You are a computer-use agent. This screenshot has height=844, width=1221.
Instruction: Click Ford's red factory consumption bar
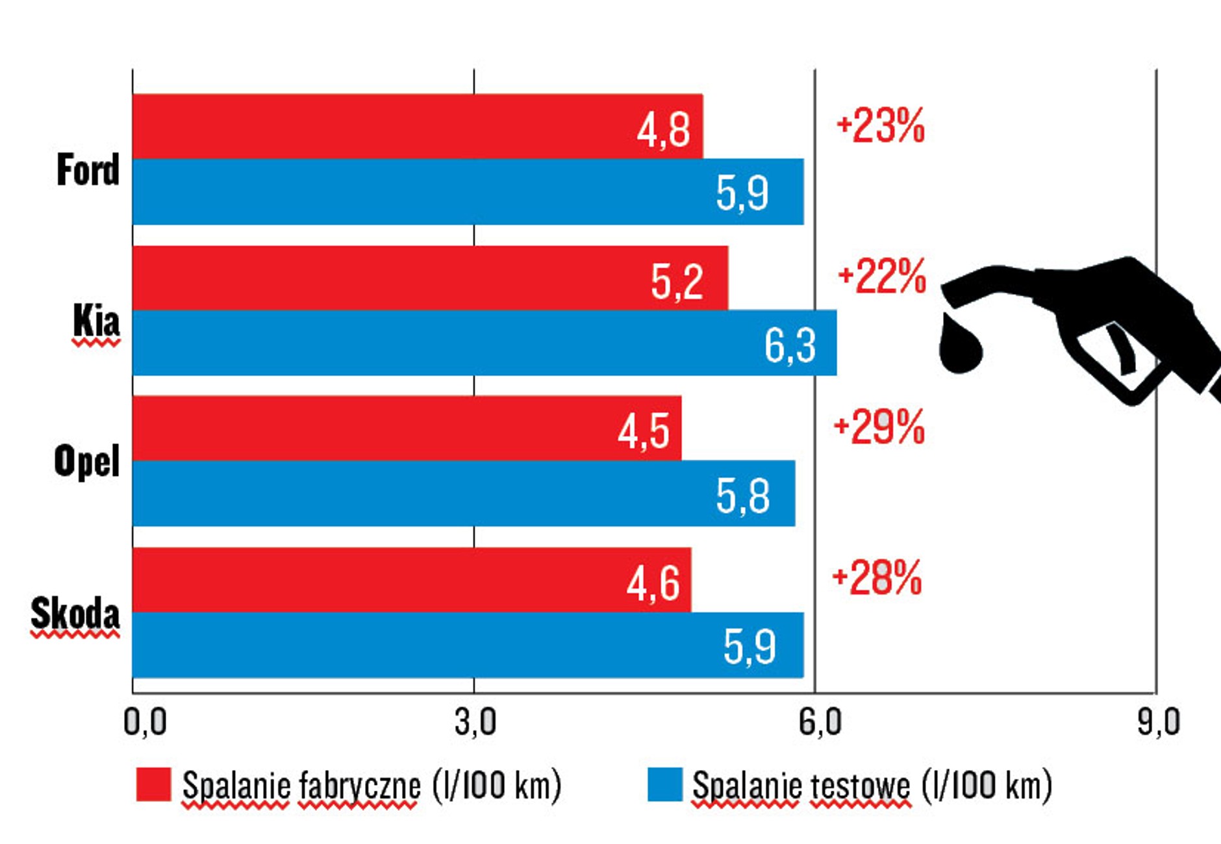point(416,127)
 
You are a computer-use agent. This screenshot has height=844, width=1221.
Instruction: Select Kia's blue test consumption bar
point(484,343)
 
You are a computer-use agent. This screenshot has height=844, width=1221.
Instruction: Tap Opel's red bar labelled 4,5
point(406,428)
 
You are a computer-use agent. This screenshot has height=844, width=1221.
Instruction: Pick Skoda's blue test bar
point(468,645)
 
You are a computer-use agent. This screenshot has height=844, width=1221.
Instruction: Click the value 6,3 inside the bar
point(790,345)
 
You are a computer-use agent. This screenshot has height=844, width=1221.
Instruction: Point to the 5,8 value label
point(742,496)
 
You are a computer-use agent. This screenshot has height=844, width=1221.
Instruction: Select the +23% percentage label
point(881,126)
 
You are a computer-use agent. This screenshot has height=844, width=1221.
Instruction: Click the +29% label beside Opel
point(879,427)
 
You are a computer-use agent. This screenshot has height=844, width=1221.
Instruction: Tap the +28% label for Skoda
point(877,578)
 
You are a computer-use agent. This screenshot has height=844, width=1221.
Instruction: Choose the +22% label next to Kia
point(882,277)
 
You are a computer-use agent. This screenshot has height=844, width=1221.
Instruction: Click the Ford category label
point(88,170)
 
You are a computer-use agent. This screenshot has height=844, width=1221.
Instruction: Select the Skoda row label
point(75,614)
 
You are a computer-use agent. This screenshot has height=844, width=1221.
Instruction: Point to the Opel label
point(86,461)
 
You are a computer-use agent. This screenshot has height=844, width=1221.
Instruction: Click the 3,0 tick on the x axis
point(475,722)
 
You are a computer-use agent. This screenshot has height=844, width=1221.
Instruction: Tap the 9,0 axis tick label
point(1158,722)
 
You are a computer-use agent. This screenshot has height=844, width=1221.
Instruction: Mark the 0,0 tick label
point(145,722)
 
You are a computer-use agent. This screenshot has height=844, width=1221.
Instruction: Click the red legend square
point(154,784)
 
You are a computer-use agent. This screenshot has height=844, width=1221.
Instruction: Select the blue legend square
point(665,784)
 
